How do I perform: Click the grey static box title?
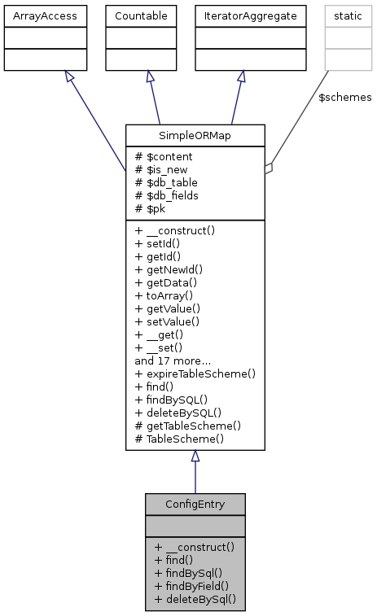[348, 15]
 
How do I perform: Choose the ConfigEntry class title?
[195, 504]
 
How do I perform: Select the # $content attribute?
[164, 156]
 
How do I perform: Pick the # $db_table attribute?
[167, 182]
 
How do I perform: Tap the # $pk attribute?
[152, 208]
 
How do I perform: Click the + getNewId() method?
[169, 269]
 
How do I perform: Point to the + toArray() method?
[165, 295]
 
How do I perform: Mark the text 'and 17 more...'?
[173, 360]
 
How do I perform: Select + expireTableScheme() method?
[195, 374]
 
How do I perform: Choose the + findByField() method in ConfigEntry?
[191, 586]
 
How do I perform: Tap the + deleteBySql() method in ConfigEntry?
[195, 599]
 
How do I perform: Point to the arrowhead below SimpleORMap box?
[195, 457]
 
